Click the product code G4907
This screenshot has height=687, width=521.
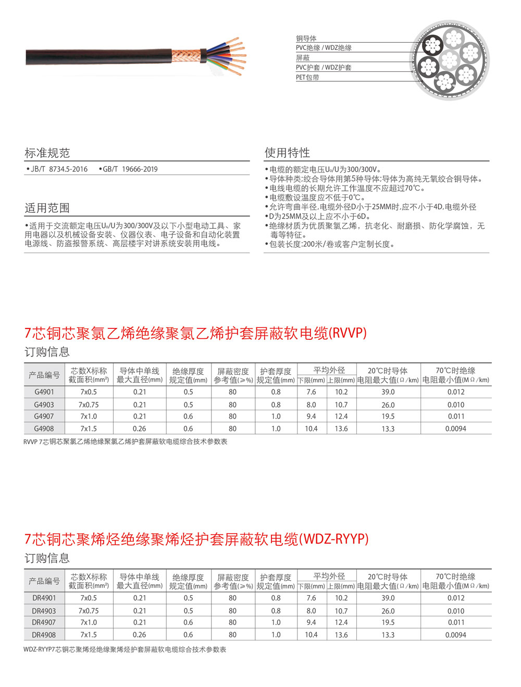tap(44, 416)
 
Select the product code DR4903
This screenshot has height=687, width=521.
tap(44, 611)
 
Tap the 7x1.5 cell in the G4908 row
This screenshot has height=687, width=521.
tap(89, 428)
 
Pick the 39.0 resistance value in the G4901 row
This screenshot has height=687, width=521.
tap(388, 392)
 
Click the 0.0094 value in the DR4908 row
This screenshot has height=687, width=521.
tap(455, 635)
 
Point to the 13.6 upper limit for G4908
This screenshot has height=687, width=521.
tap(341, 428)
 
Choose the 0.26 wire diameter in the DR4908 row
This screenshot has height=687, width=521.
tap(140, 635)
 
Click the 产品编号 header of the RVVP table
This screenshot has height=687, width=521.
tap(44, 375)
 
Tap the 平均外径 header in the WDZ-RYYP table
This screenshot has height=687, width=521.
tap(329, 576)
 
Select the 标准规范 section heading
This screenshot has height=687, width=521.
tap(47, 153)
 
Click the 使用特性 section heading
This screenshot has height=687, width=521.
tap(287, 153)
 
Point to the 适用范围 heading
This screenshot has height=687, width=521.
tap(47, 208)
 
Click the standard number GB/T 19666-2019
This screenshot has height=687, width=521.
tap(130, 169)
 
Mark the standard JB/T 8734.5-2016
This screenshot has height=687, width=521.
tap(59, 169)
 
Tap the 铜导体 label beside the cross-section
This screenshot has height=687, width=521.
tap(306, 39)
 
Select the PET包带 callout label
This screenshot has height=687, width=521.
tap(307, 77)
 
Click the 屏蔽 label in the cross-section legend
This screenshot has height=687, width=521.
tap(303, 58)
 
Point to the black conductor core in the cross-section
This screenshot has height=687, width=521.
tap(432, 46)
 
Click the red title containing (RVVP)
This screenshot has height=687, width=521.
tap(195, 333)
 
